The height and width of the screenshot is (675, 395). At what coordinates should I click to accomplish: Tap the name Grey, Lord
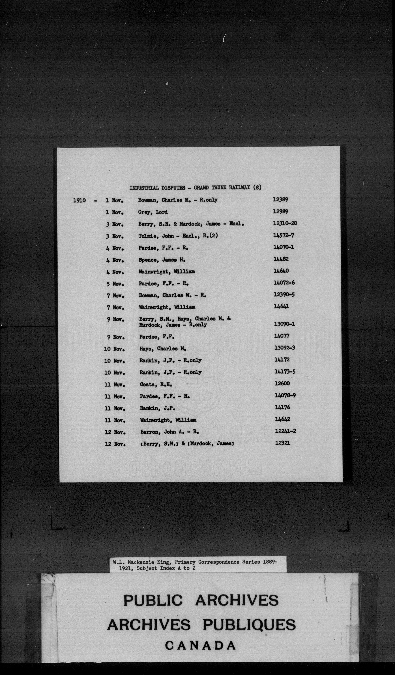(x=153, y=212)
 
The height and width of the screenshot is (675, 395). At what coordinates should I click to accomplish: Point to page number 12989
(x=280, y=212)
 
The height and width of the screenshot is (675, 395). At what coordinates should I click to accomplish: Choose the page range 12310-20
(x=285, y=223)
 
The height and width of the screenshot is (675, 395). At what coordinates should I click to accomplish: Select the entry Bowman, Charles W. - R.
(x=172, y=295)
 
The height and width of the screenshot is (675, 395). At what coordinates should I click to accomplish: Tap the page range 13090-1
(x=284, y=324)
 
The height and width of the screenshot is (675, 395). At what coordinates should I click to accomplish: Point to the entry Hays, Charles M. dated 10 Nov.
(x=163, y=349)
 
